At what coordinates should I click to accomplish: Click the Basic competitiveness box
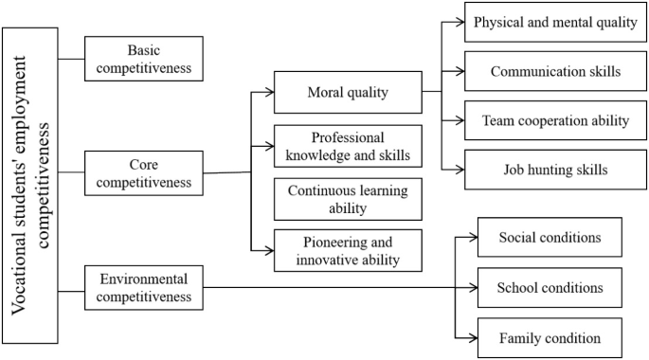point(144,58)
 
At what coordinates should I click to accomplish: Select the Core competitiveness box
point(144,171)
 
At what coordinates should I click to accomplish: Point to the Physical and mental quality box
point(556,22)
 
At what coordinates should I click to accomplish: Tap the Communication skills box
point(556,71)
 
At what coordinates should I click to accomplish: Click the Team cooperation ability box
point(556,120)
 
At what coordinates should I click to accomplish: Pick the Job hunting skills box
point(556,171)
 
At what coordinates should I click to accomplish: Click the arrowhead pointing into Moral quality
point(269,93)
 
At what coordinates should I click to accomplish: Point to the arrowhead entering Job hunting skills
point(460,171)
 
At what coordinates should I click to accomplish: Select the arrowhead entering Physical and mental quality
point(460,23)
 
